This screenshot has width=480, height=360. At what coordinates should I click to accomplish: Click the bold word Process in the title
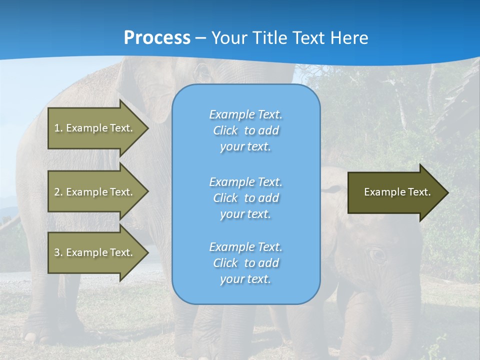[157, 37]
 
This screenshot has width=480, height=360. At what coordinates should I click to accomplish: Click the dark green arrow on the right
[395, 192]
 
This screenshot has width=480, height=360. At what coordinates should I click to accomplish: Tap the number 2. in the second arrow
[57, 192]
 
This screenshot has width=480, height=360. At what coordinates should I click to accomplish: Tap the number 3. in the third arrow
[57, 252]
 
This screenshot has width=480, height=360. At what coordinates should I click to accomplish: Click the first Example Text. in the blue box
[245, 114]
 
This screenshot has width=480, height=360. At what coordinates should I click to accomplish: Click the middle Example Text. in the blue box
[245, 181]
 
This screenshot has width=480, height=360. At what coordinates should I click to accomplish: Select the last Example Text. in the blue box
[245, 247]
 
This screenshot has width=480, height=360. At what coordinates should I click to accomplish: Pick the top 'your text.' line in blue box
[245, 147]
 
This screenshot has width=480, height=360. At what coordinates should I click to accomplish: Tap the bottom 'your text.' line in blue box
[245, 279]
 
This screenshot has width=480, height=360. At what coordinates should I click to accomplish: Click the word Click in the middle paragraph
[225, 198]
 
